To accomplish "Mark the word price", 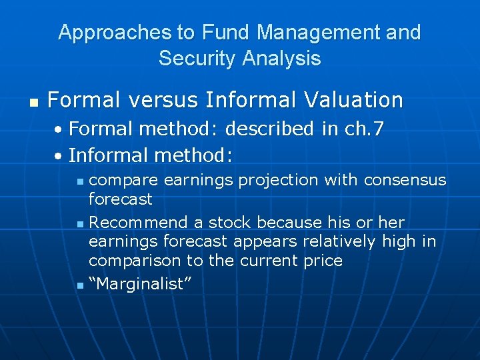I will [323, 260].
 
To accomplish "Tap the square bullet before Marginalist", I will [79, 285].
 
